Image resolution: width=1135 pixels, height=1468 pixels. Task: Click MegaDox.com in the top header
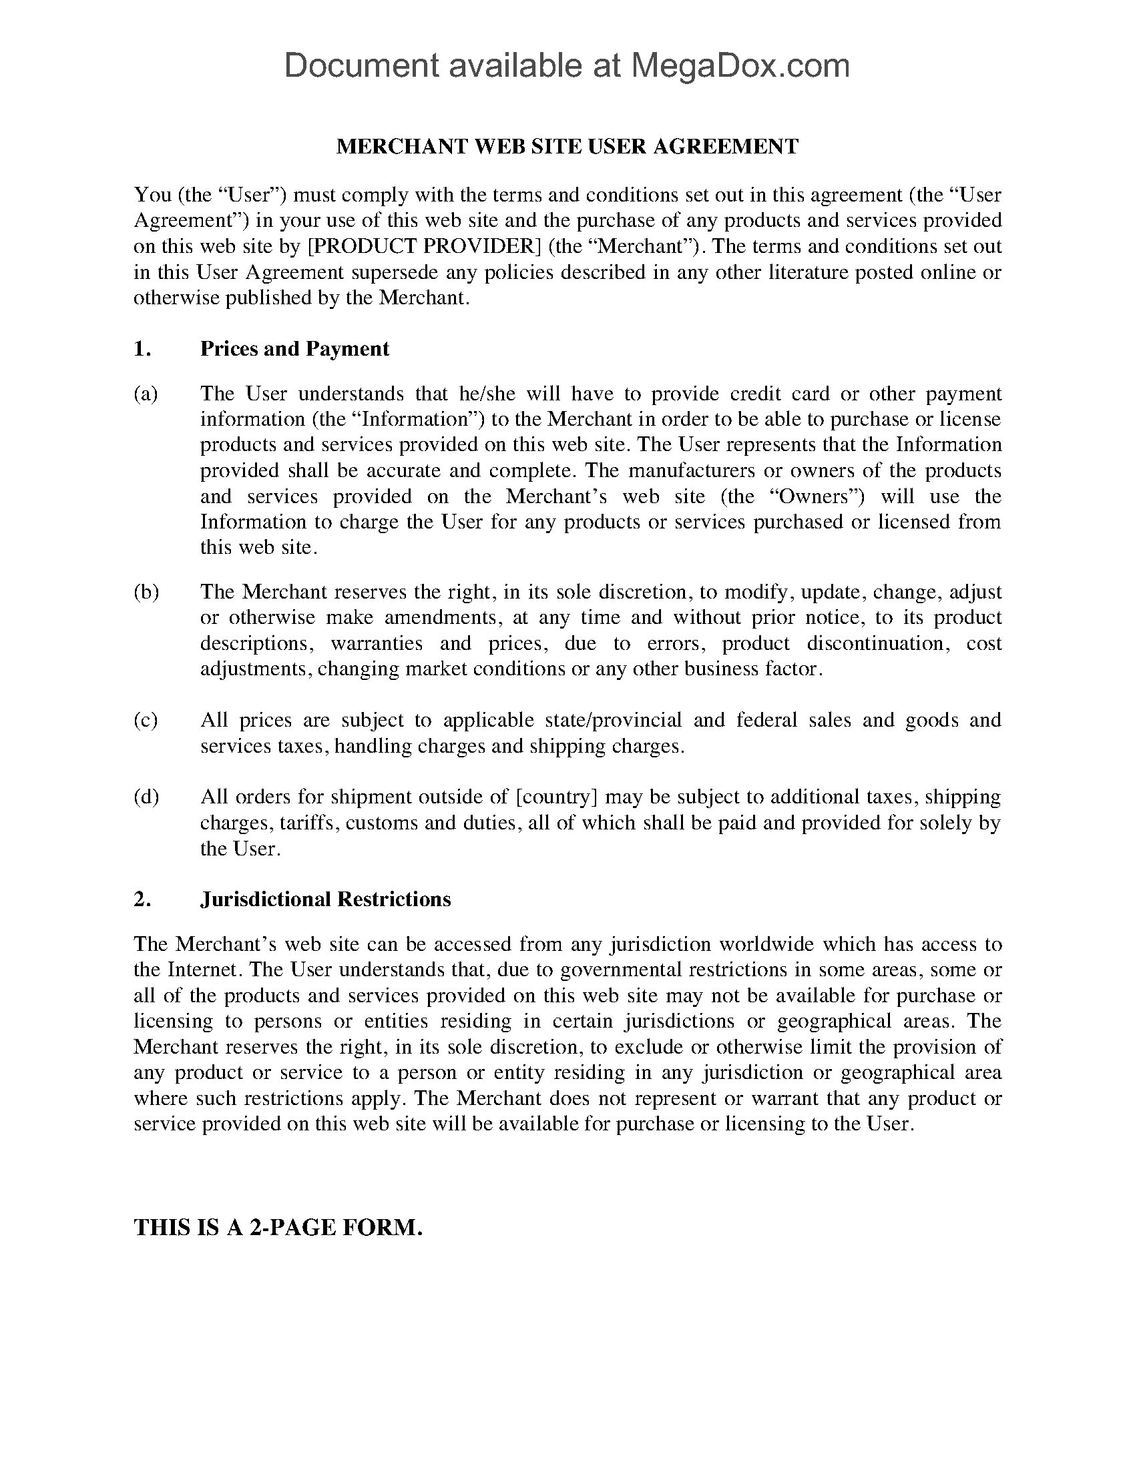(740, 66)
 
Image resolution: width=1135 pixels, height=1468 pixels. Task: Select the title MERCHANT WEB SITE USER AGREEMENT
(567, 146)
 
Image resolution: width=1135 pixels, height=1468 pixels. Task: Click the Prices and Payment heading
(294, 348)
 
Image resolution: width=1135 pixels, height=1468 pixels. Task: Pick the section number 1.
(142, 348)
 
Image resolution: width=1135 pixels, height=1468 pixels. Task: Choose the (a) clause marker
(146, 393)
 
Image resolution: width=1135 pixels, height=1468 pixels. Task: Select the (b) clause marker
(146, 591)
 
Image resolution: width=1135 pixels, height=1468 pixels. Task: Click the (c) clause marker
(146, 720)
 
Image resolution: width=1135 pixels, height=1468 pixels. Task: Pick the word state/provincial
(609, 720)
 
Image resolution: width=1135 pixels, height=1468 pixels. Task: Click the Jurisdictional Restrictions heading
(325, 899)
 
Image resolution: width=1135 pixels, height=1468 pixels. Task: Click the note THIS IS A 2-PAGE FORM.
(278, 1227)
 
